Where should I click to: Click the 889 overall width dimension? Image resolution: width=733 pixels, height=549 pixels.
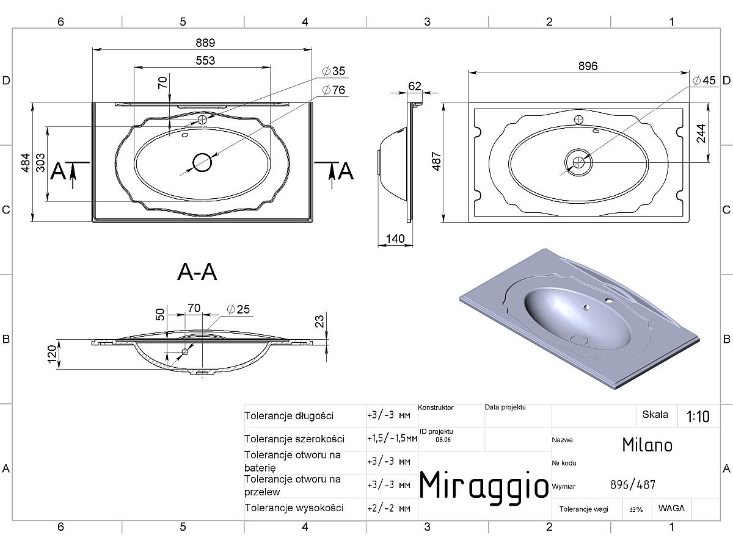[x=205, y=43]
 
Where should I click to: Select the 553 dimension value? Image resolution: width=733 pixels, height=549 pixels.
[x=205, y=60]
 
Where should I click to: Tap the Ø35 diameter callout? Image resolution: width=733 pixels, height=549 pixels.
[x=334, y=71]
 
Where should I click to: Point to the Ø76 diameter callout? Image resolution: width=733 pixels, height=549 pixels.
[x=334, y=90]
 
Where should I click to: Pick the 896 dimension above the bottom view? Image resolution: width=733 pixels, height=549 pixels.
[x=588, y=66]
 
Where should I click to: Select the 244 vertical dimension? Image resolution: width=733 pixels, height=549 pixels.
[x=701, y=134]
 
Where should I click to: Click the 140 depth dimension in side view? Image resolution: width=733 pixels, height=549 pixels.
[x=395, y=239]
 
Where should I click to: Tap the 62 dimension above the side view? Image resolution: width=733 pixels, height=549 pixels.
[x=415, y=87]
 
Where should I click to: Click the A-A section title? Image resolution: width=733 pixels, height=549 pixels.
[x=197, y=272]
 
